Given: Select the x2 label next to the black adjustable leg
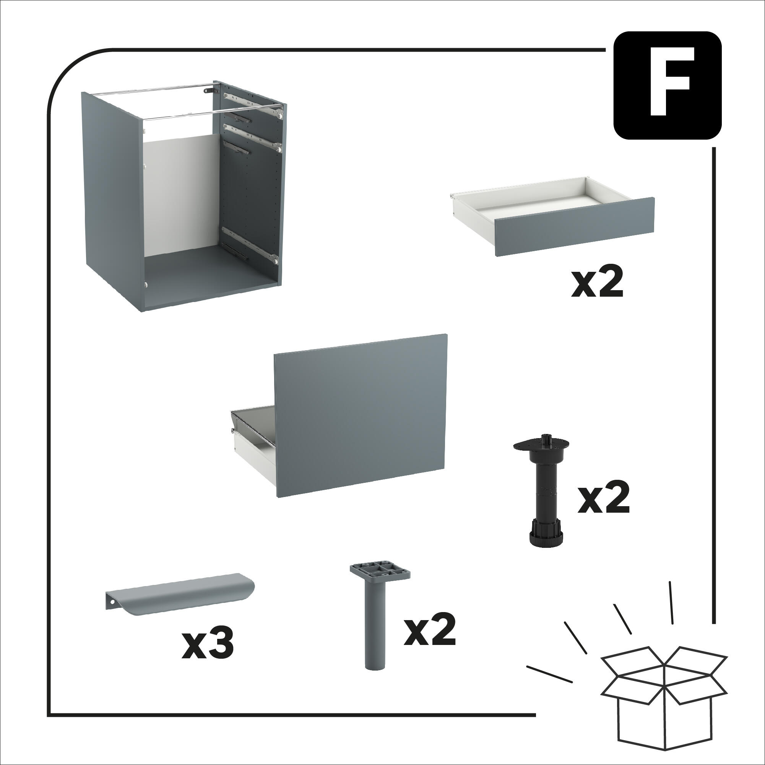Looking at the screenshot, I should (x=603, y=499).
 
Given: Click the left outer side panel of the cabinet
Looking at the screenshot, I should (x=111, y=198).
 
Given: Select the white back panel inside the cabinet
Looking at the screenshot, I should (x=178, y=194).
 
